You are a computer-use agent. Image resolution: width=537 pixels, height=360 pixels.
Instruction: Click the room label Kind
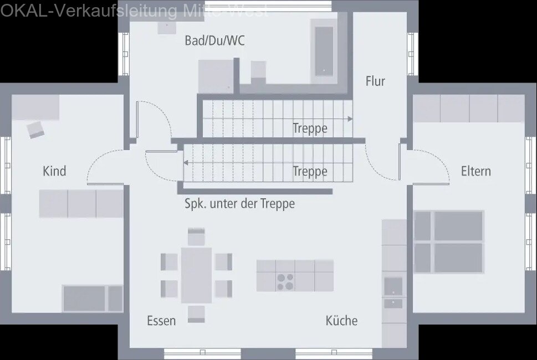(x=54, y=171)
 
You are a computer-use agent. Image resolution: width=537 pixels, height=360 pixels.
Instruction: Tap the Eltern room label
(x=475, y=171)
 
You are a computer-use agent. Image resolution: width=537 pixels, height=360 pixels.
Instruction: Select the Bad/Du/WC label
(x=214, y=40)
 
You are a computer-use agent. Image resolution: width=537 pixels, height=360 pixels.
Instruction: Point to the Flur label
(x=375, y=81)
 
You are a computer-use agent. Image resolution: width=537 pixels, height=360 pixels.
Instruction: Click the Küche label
(x=341, y=321)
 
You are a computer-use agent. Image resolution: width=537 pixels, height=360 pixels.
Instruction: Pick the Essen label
(x=161, y=321)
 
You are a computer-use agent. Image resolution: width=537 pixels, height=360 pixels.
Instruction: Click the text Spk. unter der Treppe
(x=239, y=204)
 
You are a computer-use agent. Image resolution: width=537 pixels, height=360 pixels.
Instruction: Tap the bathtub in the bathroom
(x=325, y=49)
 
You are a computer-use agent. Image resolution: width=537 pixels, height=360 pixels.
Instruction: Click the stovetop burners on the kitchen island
(x=285, y=282)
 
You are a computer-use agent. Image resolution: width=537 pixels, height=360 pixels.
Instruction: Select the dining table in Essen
(x=196, y=275)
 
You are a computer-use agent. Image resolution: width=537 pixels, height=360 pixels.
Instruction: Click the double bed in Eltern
(x=449, y=241)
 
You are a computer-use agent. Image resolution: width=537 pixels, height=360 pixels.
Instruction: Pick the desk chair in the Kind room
(x=35, y=130)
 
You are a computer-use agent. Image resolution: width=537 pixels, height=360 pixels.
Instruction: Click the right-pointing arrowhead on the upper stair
(x=350, y=119)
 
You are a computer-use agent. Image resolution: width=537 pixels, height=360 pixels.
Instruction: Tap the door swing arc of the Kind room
(x=100, y=161)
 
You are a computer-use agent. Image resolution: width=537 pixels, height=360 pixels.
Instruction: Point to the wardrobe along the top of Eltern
(x=469, y=109)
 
